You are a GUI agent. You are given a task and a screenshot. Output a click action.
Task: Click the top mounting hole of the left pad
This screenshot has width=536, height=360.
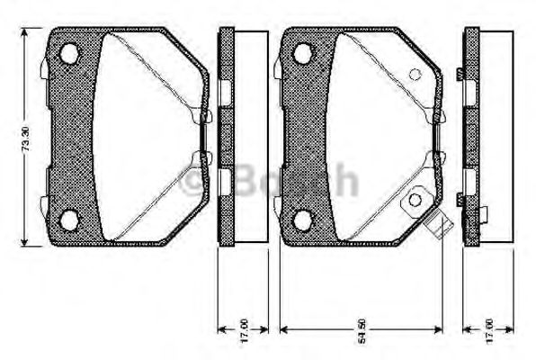68,55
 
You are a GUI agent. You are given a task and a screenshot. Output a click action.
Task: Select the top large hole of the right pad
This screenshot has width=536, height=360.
304,55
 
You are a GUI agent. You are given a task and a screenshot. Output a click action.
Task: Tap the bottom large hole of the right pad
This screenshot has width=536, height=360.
304,219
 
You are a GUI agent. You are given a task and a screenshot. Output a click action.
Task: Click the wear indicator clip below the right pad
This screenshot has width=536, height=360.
440,228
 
